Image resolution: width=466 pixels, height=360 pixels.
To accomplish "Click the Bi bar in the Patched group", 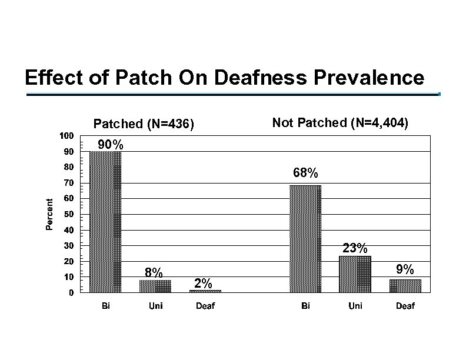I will pos(105,222).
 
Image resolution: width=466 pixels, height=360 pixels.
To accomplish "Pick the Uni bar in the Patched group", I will pos(155,286).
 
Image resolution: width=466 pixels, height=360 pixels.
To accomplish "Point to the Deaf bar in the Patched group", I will pos(205,291).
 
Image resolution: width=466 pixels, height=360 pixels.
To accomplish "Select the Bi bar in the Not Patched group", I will pos(305,239).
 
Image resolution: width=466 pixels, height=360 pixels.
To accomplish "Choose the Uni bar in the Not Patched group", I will pos(355,274).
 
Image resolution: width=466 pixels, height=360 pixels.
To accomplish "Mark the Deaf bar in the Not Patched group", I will pos(405,285).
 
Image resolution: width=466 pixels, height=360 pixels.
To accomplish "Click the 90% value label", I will pos(110,144).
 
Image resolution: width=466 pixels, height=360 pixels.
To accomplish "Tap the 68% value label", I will pos(305,173).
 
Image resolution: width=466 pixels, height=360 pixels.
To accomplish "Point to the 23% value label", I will pos(355,248).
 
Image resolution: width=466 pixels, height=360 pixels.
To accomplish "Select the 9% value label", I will pos(405,270).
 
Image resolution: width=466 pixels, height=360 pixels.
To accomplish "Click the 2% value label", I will pos(204,282).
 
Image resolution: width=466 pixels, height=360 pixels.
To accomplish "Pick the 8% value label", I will pos(154,272).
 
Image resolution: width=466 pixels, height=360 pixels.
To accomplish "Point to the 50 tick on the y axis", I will pos(68,214).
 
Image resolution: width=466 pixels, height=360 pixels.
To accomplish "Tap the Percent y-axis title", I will pos(51,214).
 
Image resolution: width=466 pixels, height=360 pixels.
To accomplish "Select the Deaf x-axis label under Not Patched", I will pos(405,306).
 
